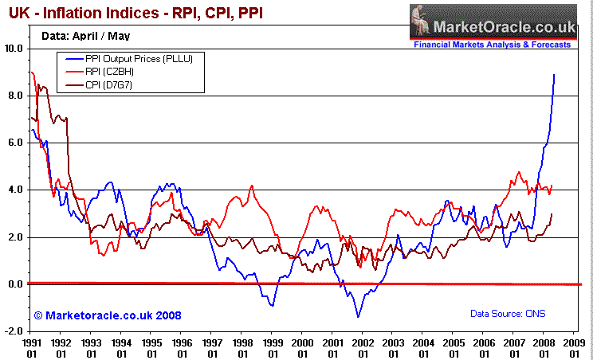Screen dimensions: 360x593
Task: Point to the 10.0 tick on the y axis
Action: click(x=14, y=49)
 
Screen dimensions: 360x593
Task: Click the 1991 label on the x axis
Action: click(x=32, y=343)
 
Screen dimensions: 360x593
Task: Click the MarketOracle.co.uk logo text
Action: click(x=502, y=28)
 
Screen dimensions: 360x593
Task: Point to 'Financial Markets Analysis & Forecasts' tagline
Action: click(x=492, y=45)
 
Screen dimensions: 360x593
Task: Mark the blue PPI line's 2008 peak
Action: click(x=554, y=75)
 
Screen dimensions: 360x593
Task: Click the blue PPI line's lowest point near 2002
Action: click(x=358, y=317)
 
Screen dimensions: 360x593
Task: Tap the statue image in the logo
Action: click(x=421, y=22)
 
